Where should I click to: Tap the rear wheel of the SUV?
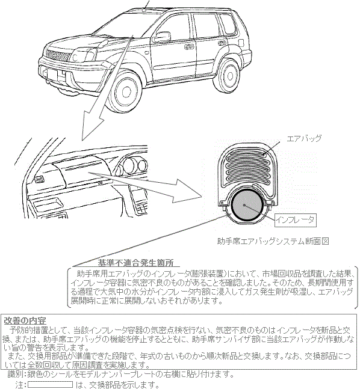(x=229, y=78)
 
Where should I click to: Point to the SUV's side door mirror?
(x=161, y=37)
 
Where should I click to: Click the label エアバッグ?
(x=305, y=138)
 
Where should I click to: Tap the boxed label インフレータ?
(x=295, y=220)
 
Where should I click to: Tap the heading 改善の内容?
(x=25, y=320)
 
